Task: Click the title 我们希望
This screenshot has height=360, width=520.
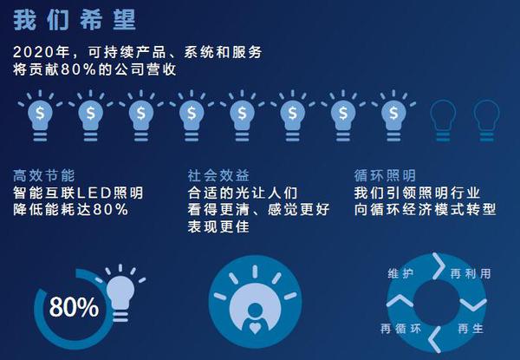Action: [75, 20]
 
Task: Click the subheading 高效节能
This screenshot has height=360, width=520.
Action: [44, 176]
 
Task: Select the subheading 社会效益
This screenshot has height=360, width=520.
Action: [218, 176]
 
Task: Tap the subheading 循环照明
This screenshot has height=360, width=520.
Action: [385, 176]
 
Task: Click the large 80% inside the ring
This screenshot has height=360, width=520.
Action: [74, 307]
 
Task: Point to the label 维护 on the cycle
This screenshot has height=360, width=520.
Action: [400, 273]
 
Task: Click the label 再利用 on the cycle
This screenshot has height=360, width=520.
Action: [471, 274]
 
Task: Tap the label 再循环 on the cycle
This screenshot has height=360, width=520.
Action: [400, 329]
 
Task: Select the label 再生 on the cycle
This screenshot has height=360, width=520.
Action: [471, 329]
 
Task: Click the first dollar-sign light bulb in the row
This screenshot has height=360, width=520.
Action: [40, 115]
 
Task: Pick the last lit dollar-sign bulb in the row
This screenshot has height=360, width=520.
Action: [393, 115]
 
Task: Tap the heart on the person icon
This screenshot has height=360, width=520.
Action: [255, 328]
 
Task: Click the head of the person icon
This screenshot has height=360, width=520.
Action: [255, 311]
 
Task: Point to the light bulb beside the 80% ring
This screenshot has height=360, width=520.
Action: [120, 292]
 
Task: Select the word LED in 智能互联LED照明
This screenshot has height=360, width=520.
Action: [94, 193]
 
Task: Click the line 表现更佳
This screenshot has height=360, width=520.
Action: [218, 226]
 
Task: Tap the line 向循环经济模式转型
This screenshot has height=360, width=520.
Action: [425, 210]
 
